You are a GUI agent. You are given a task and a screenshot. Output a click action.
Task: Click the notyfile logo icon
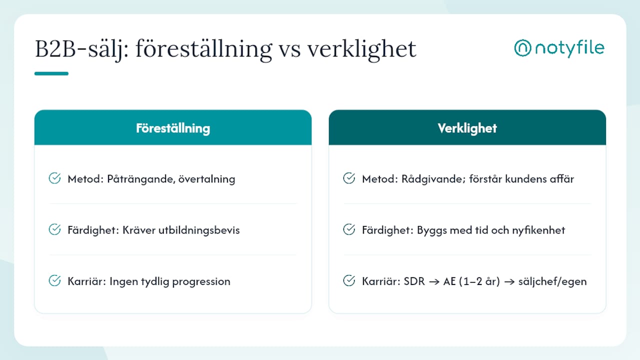[x=522, y=47]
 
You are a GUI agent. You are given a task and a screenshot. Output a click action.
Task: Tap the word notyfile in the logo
[x=569, y=48]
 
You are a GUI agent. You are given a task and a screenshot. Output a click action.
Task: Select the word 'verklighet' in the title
[x=361, y=50]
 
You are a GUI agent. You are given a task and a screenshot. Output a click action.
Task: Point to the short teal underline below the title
[x=51, y=73]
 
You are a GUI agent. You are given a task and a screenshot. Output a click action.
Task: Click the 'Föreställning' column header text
[x=173, y=128]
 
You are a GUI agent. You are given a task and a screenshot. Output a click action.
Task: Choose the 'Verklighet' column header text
[x=467, y=128]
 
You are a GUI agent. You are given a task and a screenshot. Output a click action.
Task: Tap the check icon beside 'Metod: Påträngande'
[x=54, y=178]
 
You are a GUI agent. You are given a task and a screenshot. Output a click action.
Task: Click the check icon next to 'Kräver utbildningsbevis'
[x=54, y=229]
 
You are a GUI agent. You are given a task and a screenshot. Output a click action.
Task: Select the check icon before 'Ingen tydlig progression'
[x=54, y=280]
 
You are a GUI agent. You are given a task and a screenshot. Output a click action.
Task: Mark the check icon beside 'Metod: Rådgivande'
[x=349, y=178]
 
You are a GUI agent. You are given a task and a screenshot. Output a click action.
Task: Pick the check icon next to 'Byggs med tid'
[x=349, y=229]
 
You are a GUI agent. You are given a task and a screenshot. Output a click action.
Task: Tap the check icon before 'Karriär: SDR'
[x=349, y=280]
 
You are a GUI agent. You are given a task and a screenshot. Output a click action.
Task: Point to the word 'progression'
[x=201, y=282]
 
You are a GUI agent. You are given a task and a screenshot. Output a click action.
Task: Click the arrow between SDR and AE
[x=434, y=282]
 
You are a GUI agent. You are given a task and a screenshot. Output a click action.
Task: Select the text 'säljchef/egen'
[x=552, y=282]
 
